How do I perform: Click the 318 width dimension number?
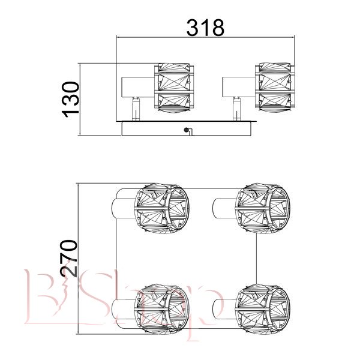click(205, 28)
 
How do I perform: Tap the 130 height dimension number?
click(70, 99)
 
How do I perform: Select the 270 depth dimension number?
click(68, 258)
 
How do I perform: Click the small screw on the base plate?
click(186, 130)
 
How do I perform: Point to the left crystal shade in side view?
click(174, 88)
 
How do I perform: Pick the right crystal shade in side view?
click(275, 87)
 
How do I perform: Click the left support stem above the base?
click(136, 109)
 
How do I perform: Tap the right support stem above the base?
click(237, 109)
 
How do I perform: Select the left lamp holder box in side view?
click(138, 87)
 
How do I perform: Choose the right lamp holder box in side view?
click(239, 87)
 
